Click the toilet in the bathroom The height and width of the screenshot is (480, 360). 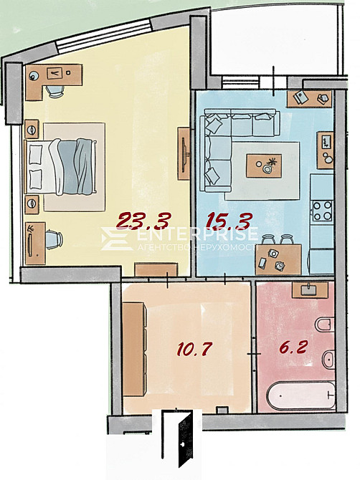[x=325, y=325]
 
